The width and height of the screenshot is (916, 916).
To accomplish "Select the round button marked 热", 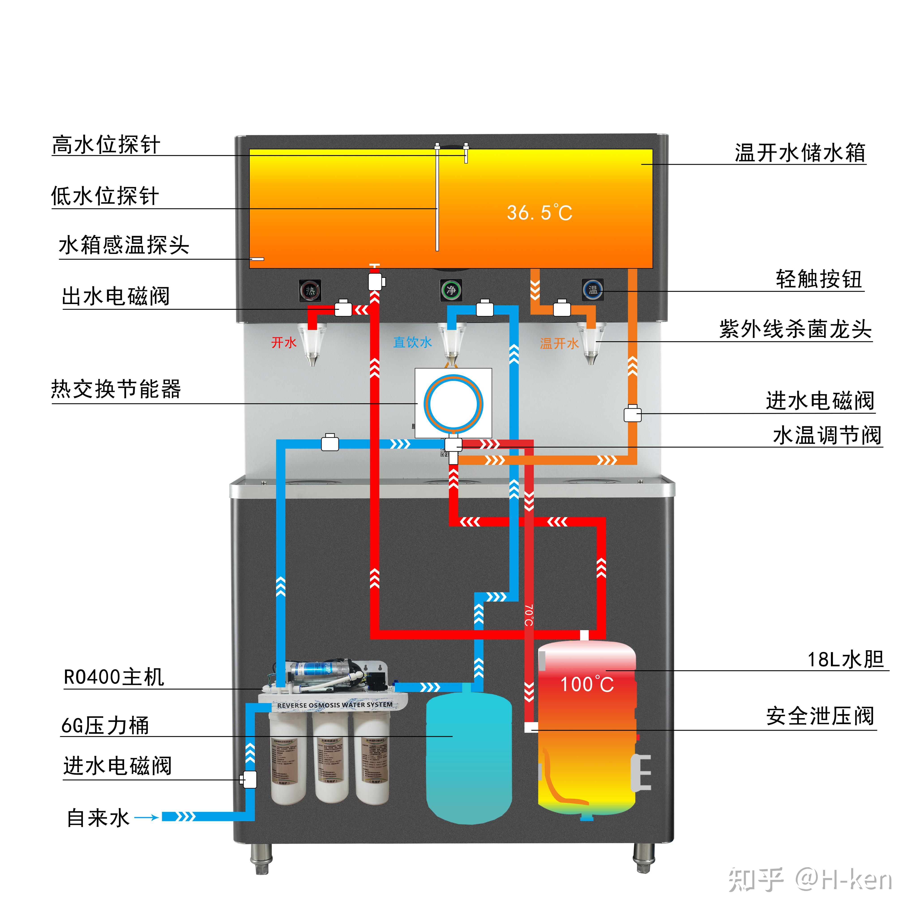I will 310,290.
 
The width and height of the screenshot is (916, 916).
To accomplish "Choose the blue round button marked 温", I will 593,290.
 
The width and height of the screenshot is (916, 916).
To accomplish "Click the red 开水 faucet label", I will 284,342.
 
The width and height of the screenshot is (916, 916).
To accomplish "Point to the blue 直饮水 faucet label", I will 413,342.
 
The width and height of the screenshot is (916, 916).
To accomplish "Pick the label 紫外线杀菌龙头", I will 795,329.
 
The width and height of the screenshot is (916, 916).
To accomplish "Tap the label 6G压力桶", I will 105,726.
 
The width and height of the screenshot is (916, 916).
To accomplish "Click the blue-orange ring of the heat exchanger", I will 427,403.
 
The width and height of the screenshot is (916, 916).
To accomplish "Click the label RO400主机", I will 114,677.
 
